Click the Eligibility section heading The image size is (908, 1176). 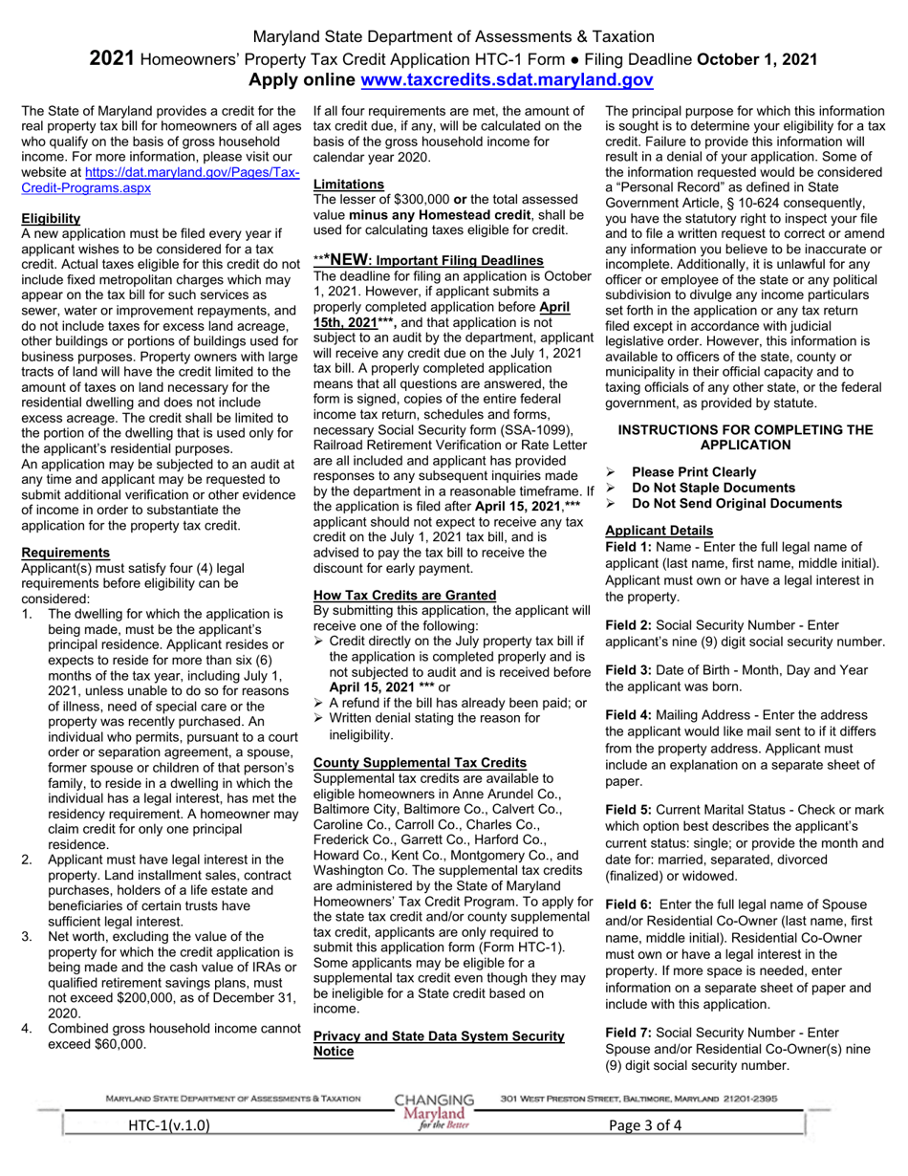[51, 218]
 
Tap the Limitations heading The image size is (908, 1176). [349, 184]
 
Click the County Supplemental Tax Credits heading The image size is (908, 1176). [420, 762]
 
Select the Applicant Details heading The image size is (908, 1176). [659, 531]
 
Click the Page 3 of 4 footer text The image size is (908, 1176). [645, 1125]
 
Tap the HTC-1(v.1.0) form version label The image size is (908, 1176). [168, 1125]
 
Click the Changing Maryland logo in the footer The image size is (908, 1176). [435, 1111]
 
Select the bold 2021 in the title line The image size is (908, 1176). [112, 59]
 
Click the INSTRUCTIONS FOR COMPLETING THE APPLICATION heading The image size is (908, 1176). [746, 437]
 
